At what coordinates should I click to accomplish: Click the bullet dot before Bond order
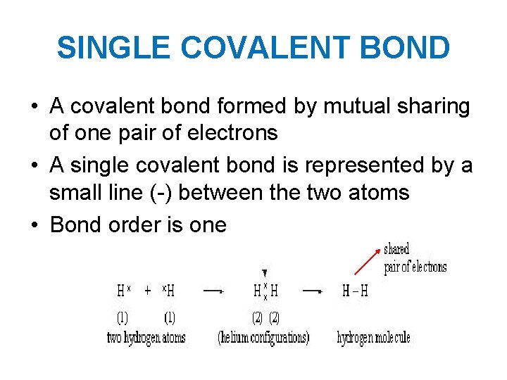pyautogui.click(x=35, y=225)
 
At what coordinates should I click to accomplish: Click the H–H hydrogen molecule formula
pyautogui.click(x=354, y=290)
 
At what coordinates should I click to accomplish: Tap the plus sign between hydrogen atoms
pyautogui.click(x=148, y=290)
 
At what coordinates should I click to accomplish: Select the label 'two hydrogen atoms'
pyautogui.click(x=146, y=338)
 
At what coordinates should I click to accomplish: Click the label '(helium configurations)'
pyautogui.click(x=263, y=338)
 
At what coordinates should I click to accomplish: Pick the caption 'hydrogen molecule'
pyautogui.click(x=373, y=338)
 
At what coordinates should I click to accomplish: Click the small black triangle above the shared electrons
pyautogui.click(x=264, y=273)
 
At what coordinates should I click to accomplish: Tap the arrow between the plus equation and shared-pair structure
pyautogui.click(x=213, y=290)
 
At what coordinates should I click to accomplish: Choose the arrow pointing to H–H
pyautogui.click(x=313, y=290)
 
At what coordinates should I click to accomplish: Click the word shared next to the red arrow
pyautogui.click(x=396, y=249)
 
